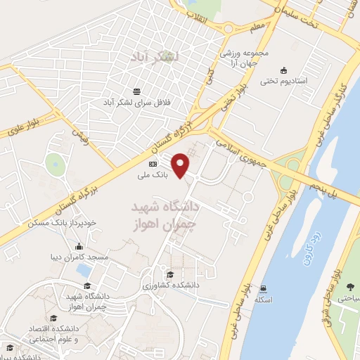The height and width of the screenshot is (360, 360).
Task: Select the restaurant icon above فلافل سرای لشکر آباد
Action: [x=137, y=91]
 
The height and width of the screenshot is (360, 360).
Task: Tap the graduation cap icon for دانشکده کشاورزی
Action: [x=169, y=274]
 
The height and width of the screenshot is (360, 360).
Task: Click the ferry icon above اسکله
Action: [x=262, y=288]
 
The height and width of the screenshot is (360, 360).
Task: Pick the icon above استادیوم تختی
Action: [x=283, y=70]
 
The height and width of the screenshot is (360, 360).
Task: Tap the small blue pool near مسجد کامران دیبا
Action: [x=83, y=270]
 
